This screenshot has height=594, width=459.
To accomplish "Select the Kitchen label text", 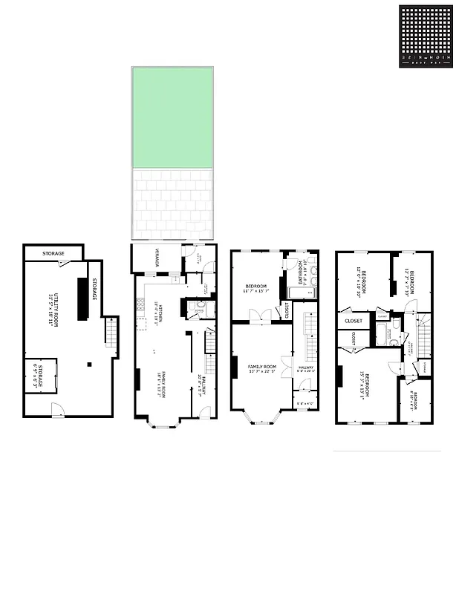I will click(x=157, y=316).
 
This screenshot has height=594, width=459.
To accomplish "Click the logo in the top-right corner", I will click(x=426, y=37).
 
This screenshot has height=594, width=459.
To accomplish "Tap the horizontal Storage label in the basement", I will click(x=53, y=254).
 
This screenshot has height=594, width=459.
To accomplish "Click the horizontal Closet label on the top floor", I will click(x=354, y=321).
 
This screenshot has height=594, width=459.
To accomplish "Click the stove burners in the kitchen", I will click(x=139, y=304).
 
